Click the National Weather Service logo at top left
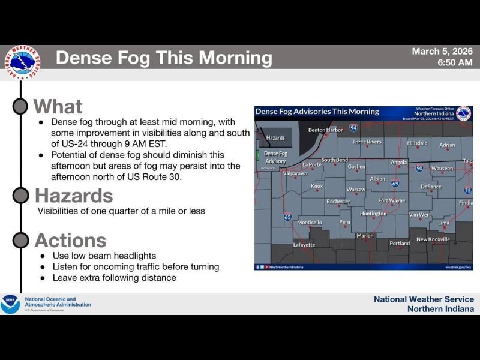[22, 62]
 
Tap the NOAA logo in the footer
[10, 304]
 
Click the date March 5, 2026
[442, 52]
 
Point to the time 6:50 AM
[454, 62]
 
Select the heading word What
[58, 107]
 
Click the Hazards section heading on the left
[74, 196]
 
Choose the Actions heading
[70, 240]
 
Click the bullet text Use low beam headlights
[104, 256]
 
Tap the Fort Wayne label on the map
[391, 200]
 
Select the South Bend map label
[334, 160]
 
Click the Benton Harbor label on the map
[325, 130]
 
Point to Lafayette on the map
[304, 245]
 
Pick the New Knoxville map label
[433, 239]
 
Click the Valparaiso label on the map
[295, 173]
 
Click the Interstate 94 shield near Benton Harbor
[354, 128]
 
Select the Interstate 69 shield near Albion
[395, 184]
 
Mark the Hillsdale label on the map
[417, 143]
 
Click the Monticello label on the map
[310, 222]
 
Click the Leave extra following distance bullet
[114, 278]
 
